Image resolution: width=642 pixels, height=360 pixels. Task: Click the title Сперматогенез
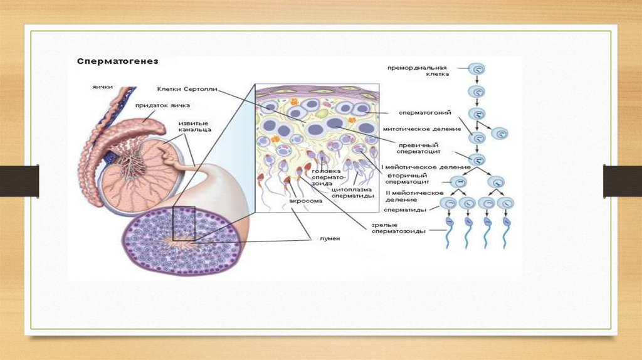[x=117, y=61]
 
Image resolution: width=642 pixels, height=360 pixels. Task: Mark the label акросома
[x=305, y=201]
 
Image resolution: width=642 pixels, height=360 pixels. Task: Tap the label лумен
[x=329, y=238]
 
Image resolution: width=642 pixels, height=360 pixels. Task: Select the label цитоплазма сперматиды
[x=352, y=193]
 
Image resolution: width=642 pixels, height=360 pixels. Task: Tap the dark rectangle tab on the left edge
[x=19, y=181]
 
